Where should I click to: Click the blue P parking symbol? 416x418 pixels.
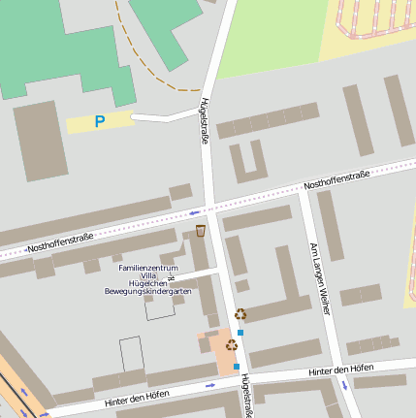pos(99,122)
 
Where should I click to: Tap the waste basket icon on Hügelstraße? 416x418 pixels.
pos(201,231)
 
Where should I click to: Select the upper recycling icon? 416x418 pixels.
pos(240,313)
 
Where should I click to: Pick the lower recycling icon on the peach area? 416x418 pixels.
pos(232,344)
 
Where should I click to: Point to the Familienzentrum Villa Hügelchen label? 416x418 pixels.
pos(148,274)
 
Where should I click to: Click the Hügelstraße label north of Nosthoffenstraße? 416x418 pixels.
pos(204,120)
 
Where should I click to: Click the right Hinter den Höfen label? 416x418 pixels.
pos(340,370)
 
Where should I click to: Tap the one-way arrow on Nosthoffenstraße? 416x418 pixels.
pos(195,211)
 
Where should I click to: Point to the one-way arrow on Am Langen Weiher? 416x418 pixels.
pos(343,385)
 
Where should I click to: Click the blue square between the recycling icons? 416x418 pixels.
pos(241,332)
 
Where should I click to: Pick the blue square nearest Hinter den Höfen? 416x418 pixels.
pos(237,367)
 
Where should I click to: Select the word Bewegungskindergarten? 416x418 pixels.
pos(148,291)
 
